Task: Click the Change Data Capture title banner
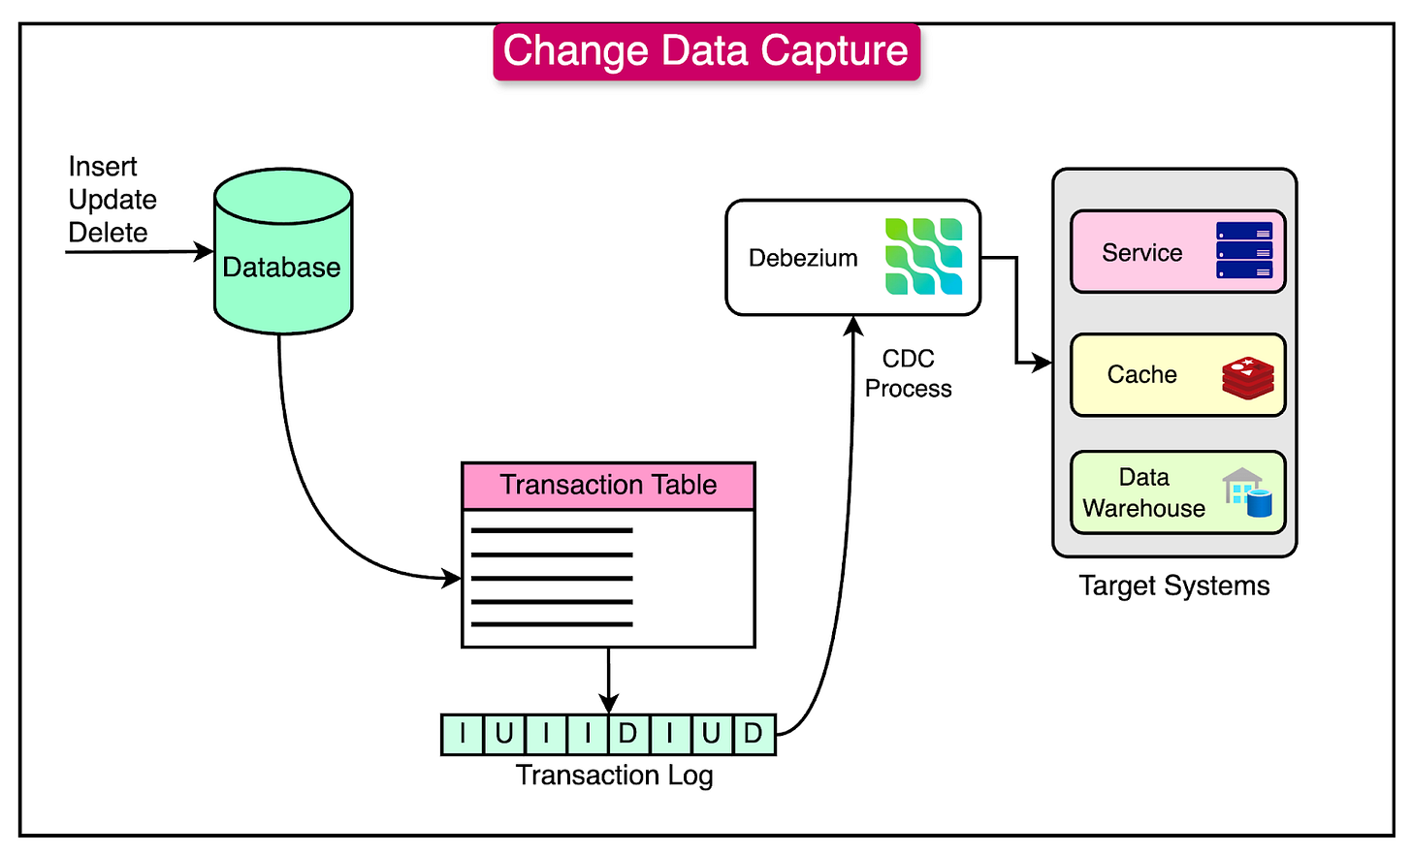tap(706, 51)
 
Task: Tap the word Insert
tap(103, 167)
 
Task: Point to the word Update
tap(112, 200)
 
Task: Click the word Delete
tap(108, 233)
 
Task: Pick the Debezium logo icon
tap(923, 257)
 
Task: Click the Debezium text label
tap(803, 258)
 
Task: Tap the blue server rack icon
tap(1244, 250)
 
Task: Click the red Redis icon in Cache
tap(1247, 378)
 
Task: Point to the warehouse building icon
tap(1247, 492)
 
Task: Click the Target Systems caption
tap(1173, 586)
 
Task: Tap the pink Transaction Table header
tap(608, 486)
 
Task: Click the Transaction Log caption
tap(614, 776)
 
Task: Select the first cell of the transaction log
tap(463, 734)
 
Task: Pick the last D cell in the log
tap(754, 734)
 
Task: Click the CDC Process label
tap(908, 373)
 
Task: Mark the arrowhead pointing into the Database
tap(205, 252)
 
